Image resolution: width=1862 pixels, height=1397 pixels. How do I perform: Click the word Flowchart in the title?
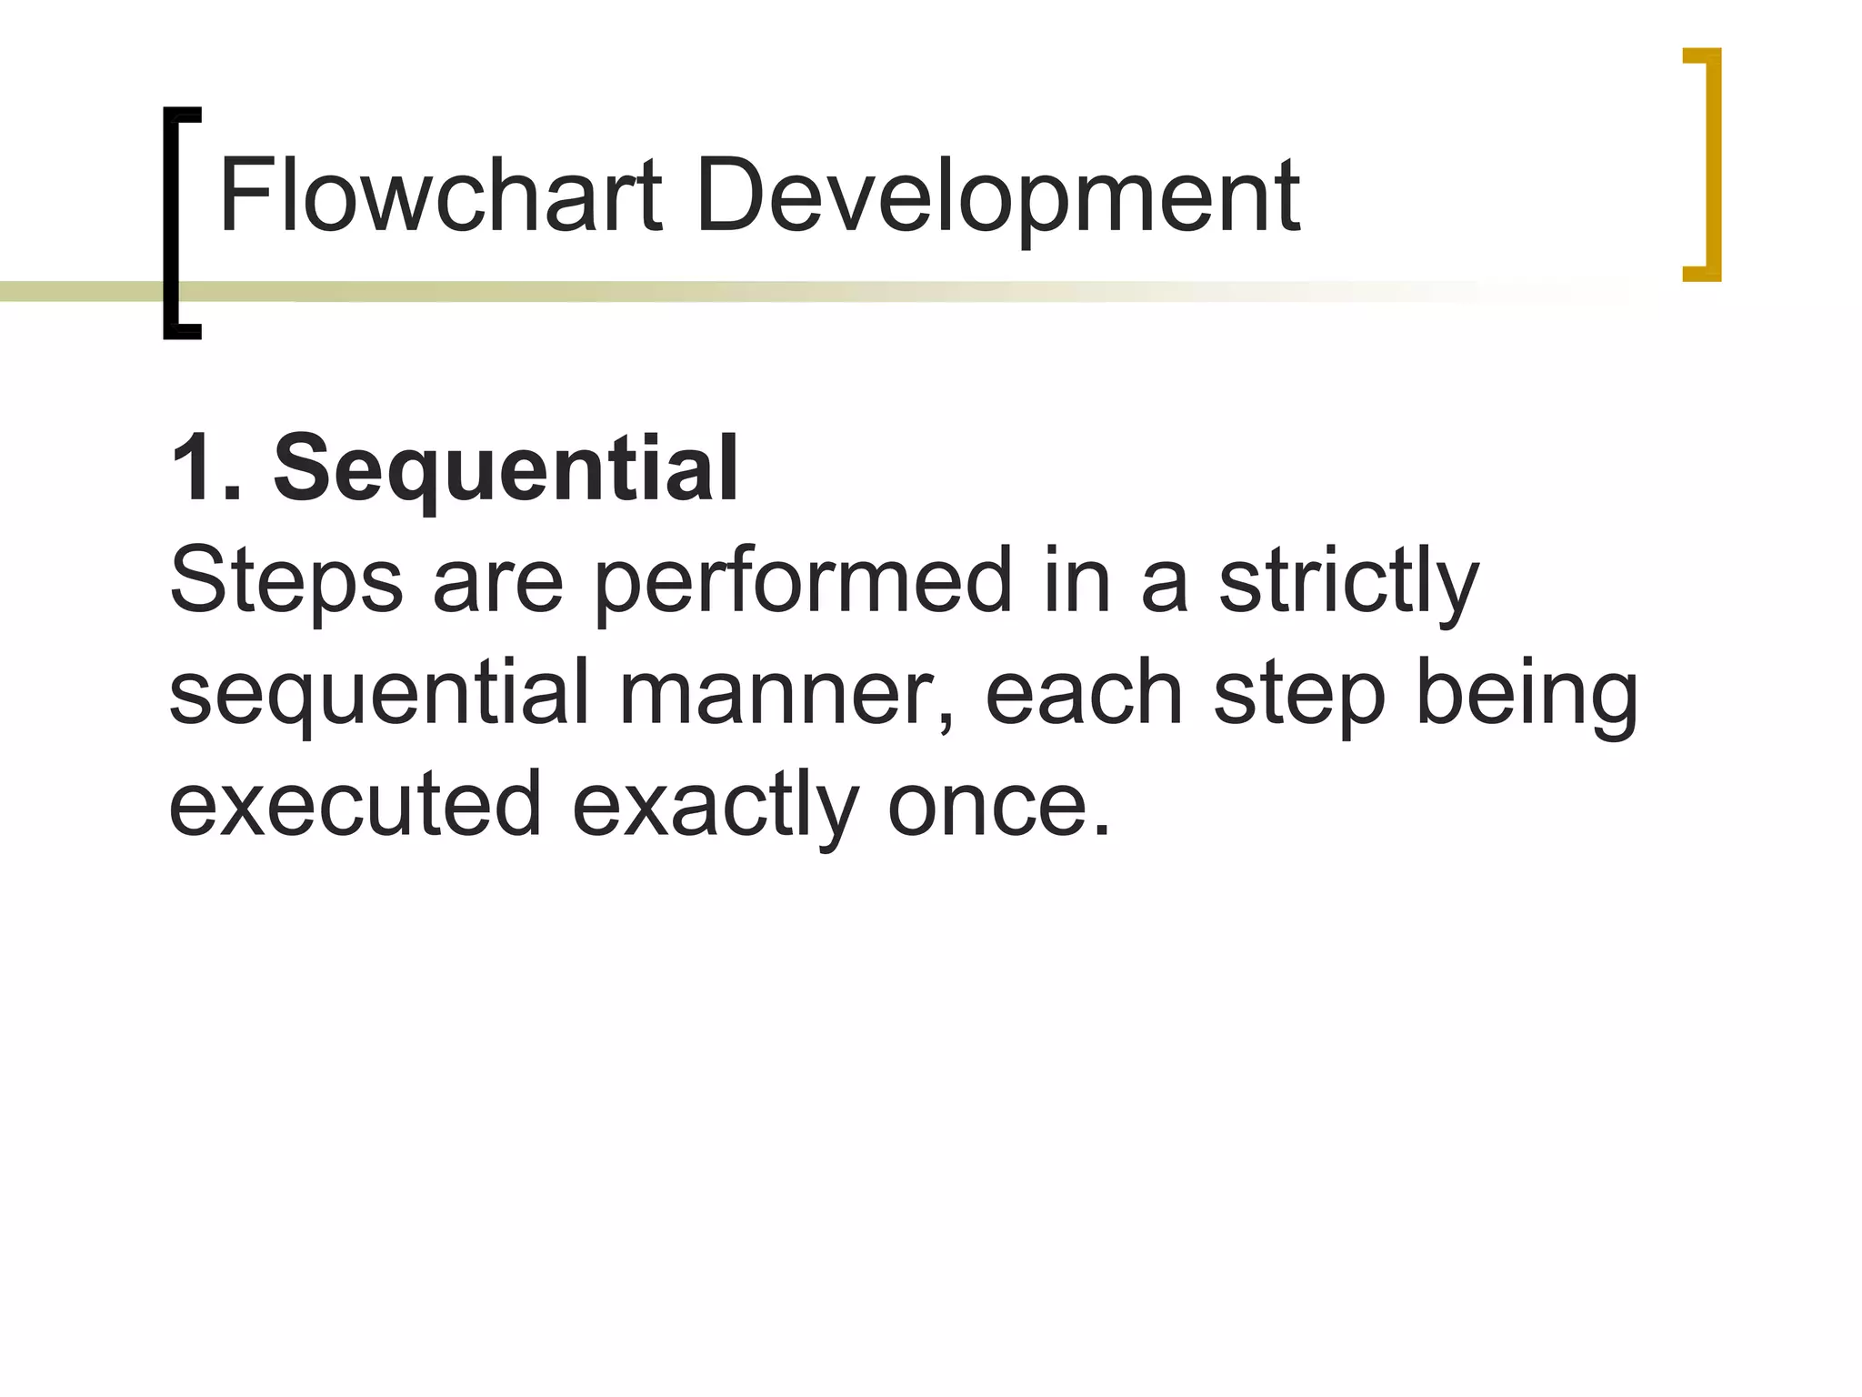coord(440,196)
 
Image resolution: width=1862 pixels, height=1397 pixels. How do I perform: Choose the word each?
coord(1083,695)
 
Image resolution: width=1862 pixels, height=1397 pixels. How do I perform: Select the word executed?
coord(355,804)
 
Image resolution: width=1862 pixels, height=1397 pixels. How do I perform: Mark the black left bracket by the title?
coord(179,223)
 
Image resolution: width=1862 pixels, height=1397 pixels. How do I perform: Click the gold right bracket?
coord(1705,165)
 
